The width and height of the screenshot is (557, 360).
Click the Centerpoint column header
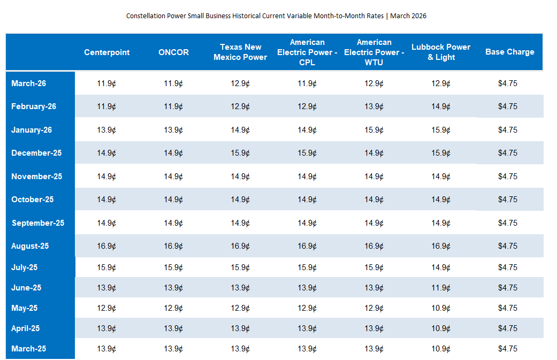point(106,52)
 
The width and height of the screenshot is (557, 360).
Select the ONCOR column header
point(173,52)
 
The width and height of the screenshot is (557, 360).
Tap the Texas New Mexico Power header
point(240,52)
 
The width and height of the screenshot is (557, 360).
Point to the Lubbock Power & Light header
point(441,52)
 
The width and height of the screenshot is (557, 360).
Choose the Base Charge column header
point(509,52)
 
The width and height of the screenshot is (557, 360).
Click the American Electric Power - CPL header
point(307,52)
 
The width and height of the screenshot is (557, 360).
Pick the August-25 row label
point(30,246)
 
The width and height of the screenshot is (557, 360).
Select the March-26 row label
point(29,83)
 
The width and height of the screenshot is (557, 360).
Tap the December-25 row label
point(36,153)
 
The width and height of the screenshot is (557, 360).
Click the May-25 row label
point(25,308)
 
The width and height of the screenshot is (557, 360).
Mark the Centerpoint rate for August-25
point(106,246)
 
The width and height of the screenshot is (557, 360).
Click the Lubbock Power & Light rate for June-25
point(441,288)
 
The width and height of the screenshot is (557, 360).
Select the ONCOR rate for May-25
point(173,308)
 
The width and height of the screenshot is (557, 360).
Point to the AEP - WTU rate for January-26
point(374,130)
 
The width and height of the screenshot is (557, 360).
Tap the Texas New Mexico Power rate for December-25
point(240,153)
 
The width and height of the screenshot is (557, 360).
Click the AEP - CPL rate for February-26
point(307,106)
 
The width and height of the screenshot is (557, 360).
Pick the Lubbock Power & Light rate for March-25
point(441,349)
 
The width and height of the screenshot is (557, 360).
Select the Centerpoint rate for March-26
point(106,83)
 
